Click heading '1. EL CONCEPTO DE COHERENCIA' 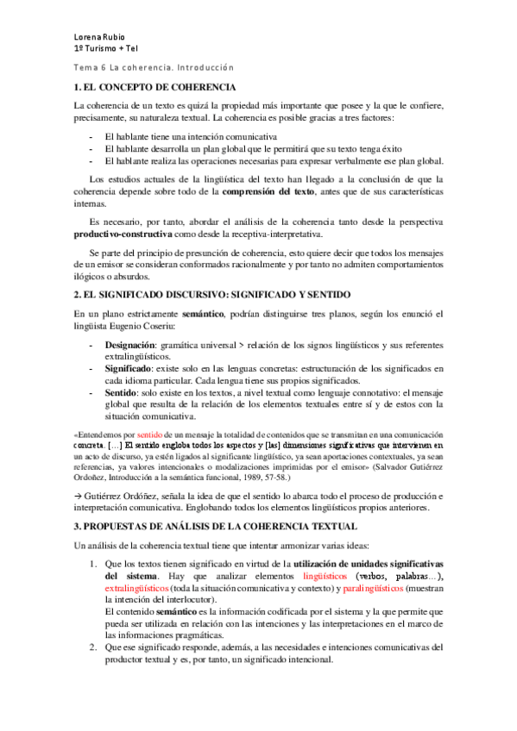click(x=155, y=88)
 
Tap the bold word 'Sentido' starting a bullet click(x=123, y=391)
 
